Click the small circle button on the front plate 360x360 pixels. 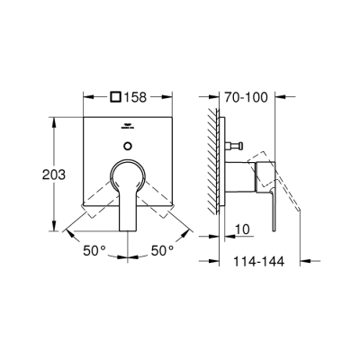[128, 144]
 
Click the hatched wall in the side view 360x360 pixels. [211, 162]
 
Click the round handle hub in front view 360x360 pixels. [128, 175]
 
